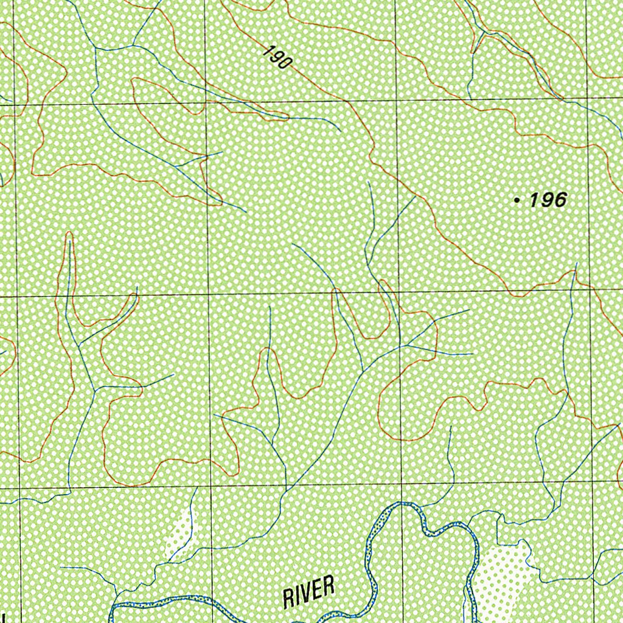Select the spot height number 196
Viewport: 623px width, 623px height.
pos(548,200)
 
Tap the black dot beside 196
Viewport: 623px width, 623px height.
pos(517,200)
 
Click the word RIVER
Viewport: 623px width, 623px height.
pos(309,592)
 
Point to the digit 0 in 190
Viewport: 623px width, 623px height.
pos(287,64)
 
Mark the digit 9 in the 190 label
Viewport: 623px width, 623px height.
pos(277,57)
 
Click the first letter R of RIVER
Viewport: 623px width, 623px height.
pos(289,597)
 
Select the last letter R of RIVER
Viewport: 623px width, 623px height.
pos(329,587)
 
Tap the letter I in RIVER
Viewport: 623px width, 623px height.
pos(298,596)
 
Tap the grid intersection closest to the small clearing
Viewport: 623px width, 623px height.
pos(211,487)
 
